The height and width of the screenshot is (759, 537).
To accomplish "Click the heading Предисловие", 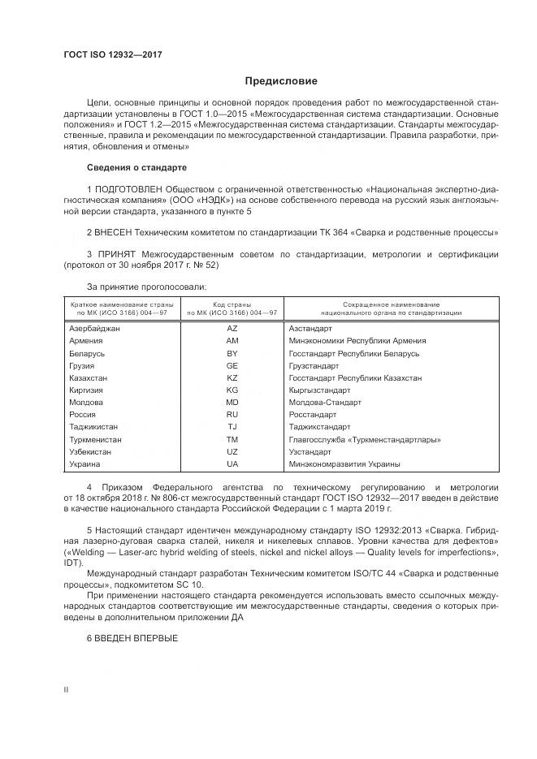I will click(x=281, y=81).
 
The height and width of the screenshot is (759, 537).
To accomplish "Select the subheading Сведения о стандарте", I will click(x=136, y=167).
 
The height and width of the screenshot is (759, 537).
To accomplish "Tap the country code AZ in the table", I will click(x=232, y=328).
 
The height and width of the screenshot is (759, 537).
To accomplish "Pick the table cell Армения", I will click(x=86, y=341).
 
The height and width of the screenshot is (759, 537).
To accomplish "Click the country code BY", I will click(x=232, y=353).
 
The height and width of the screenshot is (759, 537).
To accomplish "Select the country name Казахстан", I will click(x=89, y=377).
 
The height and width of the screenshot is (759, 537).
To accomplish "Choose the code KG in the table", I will click(x=232, y=390).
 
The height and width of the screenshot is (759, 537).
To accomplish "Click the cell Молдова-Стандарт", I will click(x=324, y=402).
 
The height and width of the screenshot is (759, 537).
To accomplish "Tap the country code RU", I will click(x=232, y=414).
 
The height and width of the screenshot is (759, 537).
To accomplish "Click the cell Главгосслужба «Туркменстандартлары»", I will click(x=365, y=439).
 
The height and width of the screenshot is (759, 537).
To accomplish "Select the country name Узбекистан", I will click(x=91, y=451).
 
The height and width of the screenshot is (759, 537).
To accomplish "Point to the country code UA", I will click(x=232, y=464).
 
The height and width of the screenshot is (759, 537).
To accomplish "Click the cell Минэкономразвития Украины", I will click(x=344, y=464).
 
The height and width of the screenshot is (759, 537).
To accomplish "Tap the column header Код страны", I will click(x=232, y=304).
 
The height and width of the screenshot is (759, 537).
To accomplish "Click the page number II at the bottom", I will click(x=66, y=690).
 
